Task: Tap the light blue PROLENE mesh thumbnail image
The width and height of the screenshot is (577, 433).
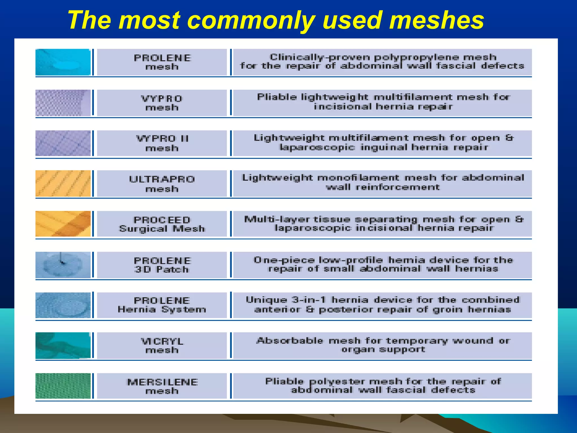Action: [x=63, y=62]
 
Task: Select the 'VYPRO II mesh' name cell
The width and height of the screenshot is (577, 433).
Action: [x=162, y=143]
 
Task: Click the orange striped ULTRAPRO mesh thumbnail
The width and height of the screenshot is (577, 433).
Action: [x=63, y=184]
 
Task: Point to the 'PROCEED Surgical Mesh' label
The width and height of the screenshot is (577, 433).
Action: [x=162, y=224]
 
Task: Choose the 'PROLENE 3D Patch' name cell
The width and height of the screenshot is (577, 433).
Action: [x=162, y=265]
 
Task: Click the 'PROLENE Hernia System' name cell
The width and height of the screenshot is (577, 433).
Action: [x=162, y=305]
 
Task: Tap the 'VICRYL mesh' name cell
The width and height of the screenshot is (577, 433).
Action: [x=162, y=346]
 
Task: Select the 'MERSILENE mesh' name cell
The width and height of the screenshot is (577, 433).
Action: [x=162, y=386]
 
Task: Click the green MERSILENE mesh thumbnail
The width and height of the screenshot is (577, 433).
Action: [x=63, y=386]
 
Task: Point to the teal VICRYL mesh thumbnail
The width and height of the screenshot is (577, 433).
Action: [x=63, y=345]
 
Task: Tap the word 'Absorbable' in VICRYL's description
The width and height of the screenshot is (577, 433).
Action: [x=290, y=341]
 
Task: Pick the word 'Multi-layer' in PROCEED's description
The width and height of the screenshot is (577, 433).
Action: [x=277, y=219]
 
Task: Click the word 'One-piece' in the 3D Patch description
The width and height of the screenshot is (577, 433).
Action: [x=284, y=260]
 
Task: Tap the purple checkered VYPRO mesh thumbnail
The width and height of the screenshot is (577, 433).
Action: [x=63, y=103]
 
